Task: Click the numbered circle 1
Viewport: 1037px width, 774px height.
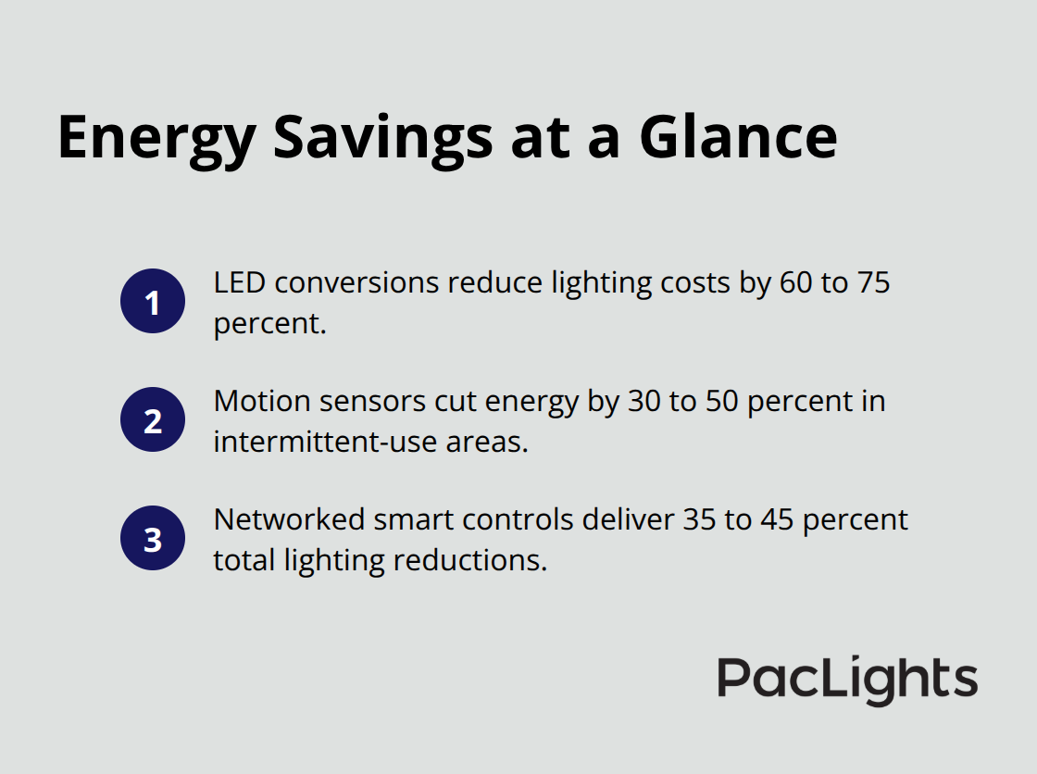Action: pyautogui.click(x=153, y=302)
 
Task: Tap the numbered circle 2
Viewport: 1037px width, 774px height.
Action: pyautogui.click(x=153, y=420)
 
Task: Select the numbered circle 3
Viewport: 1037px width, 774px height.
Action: pyautogui.click(x=153, y=539)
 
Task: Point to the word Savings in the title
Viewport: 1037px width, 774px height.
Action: pyautogui.click(x=381, y=138)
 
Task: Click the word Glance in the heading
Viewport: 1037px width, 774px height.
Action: pyautogui.click(x=738, y=138)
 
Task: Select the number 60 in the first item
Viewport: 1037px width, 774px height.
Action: pyautogui.click(x=792, y=283)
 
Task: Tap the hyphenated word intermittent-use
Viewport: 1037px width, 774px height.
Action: pyautogui.click(x=312, y=442)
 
